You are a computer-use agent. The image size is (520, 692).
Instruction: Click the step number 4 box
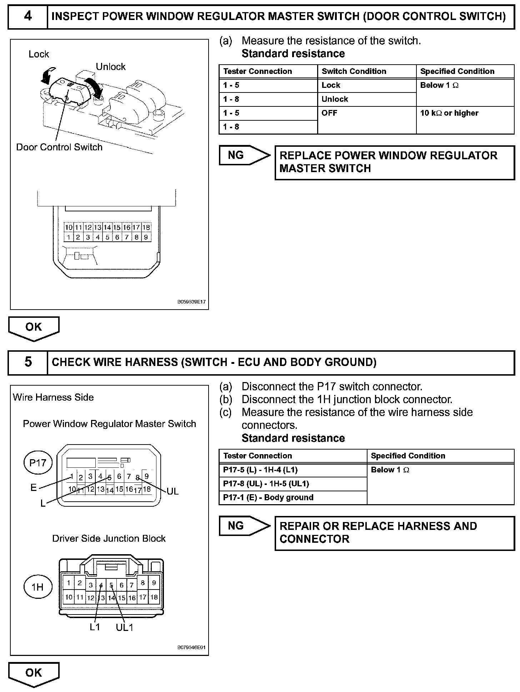coord(28,16)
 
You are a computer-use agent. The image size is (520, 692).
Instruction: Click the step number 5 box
coord(28,362)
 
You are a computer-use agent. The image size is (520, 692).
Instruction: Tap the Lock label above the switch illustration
coord(39,54)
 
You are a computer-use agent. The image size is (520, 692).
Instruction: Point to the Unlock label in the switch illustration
coord(111,67)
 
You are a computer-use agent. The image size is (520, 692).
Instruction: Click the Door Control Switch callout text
coord(59,147)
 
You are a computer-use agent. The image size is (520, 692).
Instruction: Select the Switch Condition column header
coord(354,71)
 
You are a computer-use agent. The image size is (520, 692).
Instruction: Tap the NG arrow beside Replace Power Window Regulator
coord(244,155)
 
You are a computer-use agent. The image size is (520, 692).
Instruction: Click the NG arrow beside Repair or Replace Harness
coord(244,526)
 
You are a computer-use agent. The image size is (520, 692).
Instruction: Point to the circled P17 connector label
coord(38,463)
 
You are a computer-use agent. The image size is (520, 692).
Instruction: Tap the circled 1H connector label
coord(37,587)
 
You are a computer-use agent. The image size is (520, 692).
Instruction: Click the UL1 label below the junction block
coord(124,627)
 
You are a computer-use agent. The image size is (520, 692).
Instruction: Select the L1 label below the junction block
coord(95,627)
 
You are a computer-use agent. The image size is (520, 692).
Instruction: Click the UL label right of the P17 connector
coord(172,491)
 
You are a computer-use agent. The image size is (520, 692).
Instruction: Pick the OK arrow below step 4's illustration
coord(34,327)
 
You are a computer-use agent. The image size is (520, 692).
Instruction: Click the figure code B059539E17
coord(191,302)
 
